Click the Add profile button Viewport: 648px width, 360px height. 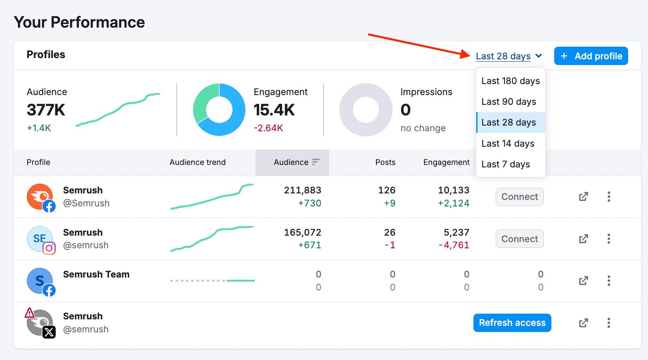click(x=591, y=56)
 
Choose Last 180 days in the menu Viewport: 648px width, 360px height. click(x=510, y=81)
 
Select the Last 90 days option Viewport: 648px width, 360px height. click(x=509, y=102)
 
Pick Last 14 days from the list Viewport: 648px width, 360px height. click(x=508, y=143)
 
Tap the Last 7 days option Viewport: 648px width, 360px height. click(x=505, y=164)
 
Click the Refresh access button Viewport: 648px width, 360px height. click(x=512, y=323)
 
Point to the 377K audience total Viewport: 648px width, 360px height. click(x=46, y=110)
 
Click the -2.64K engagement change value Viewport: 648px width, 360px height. click(x=268, y=128)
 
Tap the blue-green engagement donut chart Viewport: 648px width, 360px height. click(x=219, y=110)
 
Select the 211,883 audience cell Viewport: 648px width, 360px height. click(x=302, y=190)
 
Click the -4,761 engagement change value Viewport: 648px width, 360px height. click(x=454, y=245)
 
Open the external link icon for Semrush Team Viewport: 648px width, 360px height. click(x=583, y=281)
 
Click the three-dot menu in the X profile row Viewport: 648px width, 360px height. click(x=609, y=323)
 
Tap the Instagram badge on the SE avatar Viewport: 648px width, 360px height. click(x=49, y=248)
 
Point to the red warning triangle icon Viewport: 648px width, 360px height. click(x=30, y=313)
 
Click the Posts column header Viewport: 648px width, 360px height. click(x=385, y=162)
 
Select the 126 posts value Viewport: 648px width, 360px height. click(x=387, y=190)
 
